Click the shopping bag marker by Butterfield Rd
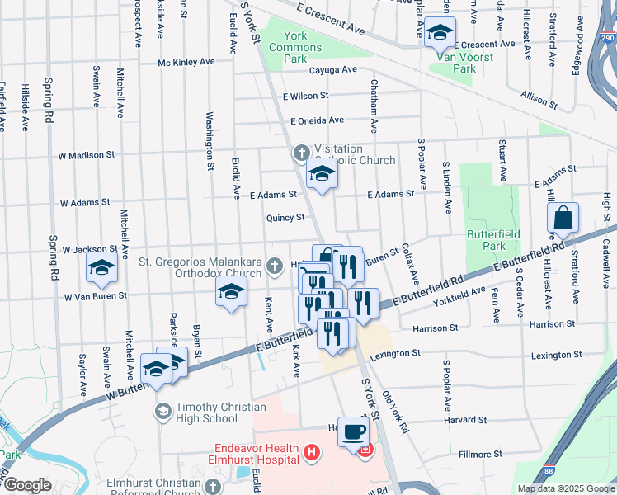[563, 219]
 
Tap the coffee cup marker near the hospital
[353, 431]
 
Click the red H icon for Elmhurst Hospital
[311, 452]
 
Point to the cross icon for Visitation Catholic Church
[302, 153]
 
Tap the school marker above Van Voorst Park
[440, 34]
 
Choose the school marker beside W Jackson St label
[102, 267]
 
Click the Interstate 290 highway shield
[607, 39]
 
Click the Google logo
[27, 485]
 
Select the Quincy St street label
[285, 218]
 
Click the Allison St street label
[539, 99]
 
